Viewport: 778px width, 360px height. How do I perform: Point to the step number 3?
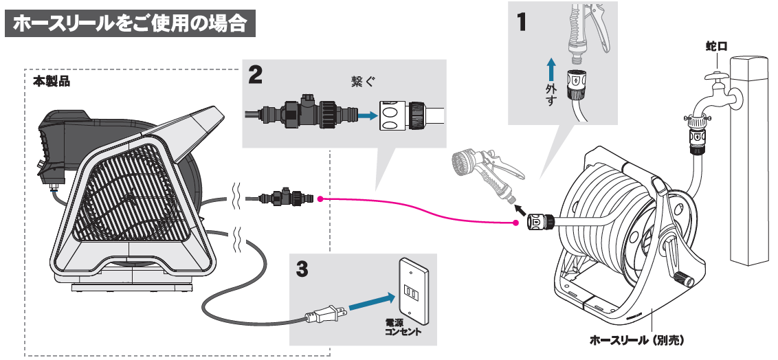(302, 268)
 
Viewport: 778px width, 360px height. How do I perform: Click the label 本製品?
(52, 81)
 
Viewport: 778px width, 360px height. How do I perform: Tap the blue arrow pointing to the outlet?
(372, 302)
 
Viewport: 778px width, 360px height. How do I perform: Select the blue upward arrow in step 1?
(551, 69)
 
